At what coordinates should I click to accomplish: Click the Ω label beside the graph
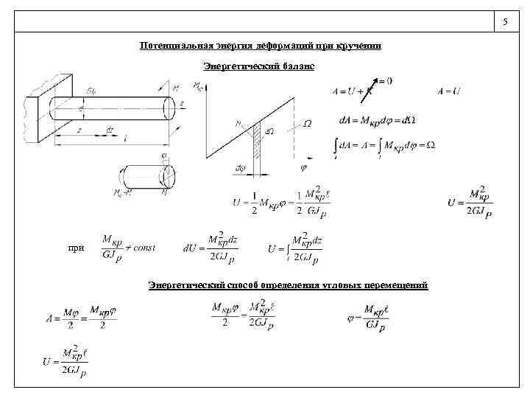307,124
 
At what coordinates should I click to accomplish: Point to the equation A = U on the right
448,91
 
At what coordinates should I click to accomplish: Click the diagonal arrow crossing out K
375,85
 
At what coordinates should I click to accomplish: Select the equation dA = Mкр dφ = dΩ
377,119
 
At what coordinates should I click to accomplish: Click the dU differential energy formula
211,249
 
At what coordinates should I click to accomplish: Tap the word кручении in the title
359,46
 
